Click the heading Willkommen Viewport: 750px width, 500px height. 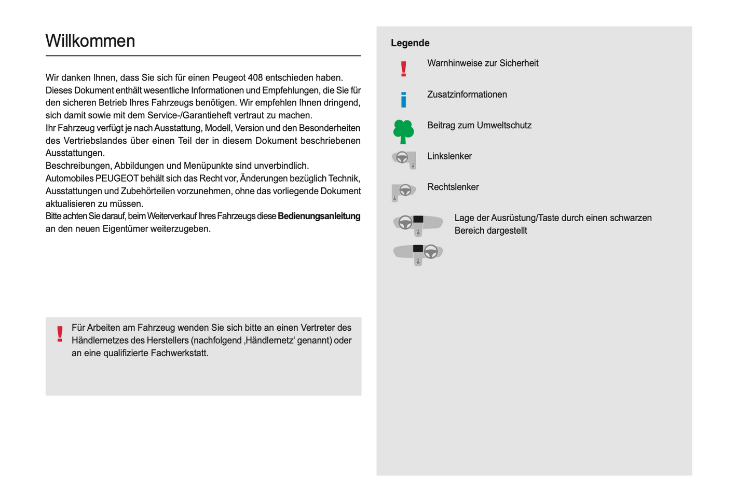pyautogui.click(x=90, y=41)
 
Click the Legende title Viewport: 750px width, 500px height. pyautogui.click(x=410, y=43)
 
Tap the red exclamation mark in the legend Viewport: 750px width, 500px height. pyautogui.click(x=404, y=69)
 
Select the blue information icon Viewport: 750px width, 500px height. pyautogui.click(x=404, y=99)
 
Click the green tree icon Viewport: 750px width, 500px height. pyautogui.click(x=403, y=131)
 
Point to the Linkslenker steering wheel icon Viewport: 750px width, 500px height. pyautogui.click(x=404, y=158)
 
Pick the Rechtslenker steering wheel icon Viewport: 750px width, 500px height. pyautogui.click(x=403, y=191)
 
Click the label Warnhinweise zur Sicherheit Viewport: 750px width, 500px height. pyautogui.click(x=483, y=63)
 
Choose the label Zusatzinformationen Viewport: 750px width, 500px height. pyautogui.click(x=467, y=94)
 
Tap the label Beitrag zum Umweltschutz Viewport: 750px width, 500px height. pyautogui.click(x=479, y=126)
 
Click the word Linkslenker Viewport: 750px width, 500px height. pyautogui.click(x=449, y=156)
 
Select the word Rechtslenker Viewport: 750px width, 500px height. pyautogui.click(x=453, y=187)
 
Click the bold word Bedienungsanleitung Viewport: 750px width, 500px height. pyautogui.click(x=319, y=217)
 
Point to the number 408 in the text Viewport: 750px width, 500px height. pyautogui.click(x=255, y=78)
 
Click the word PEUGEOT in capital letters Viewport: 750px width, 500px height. pyautogui.click(x=117, y=179)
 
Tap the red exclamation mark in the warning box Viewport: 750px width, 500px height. pyautogui.click(x=60, y=334)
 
